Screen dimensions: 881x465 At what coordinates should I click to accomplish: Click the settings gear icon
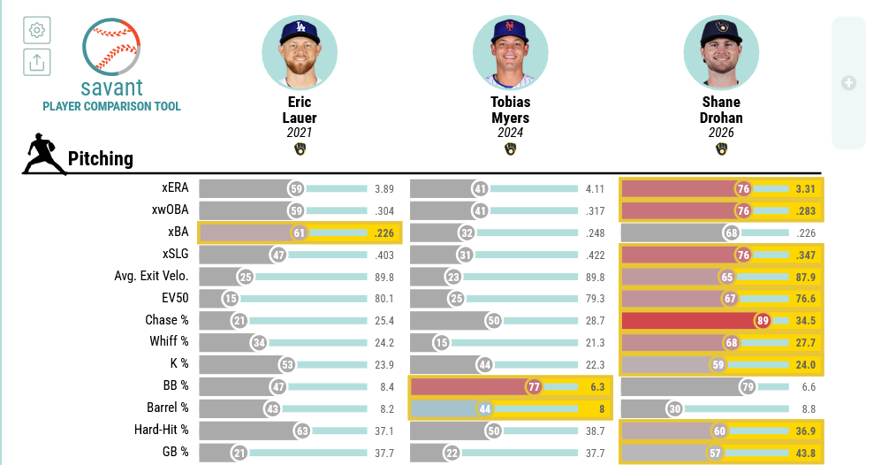(37, 30)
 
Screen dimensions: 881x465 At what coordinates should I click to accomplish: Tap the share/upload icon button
(37, 62)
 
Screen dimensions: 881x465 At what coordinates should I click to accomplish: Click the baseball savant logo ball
(111, 47)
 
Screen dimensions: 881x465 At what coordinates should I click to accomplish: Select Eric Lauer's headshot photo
(300, 52)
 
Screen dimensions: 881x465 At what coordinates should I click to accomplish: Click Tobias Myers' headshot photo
(510, 52)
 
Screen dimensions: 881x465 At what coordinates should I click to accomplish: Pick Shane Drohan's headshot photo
(721, 52)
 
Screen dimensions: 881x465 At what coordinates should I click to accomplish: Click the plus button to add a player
(848, 83)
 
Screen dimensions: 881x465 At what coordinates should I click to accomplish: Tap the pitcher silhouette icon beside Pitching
(42, 154)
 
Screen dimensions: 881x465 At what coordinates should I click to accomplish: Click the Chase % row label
(167, 320)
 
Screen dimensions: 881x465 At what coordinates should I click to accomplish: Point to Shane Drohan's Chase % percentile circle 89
(763, 321)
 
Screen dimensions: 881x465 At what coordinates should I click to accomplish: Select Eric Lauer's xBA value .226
(384, 233)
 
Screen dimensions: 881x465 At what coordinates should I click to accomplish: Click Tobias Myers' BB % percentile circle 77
(534, 387)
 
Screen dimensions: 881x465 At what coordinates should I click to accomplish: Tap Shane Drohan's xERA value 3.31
(805, 189)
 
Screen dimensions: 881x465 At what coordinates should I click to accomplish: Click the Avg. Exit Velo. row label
(152, 276)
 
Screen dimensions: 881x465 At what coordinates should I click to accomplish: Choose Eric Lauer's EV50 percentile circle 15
(231, 299)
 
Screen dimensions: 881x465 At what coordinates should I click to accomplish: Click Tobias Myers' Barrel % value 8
(602, 408)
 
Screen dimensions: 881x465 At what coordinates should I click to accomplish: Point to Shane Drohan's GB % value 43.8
(806, 454)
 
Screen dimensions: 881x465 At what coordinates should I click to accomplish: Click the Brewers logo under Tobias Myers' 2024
(510, 149)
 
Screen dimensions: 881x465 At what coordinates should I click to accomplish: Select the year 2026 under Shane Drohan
(721, 133)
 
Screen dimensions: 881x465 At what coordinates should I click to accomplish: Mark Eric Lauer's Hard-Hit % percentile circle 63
(302, 431)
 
